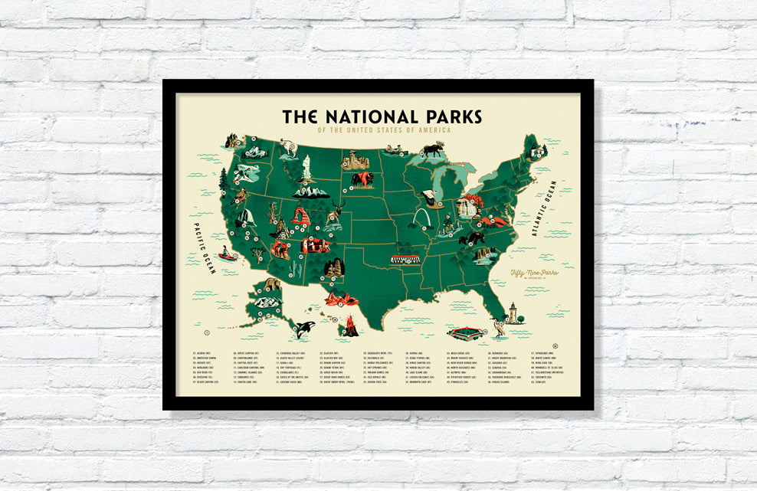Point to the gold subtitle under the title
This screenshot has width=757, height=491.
[x=384, y=130]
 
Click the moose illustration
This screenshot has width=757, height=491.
[x=433, y=149]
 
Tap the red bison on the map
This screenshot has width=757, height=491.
[x=362, y=180]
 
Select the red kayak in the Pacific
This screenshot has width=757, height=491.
[x=226, y=254]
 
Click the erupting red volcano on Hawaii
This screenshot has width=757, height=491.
[x=350, y=326]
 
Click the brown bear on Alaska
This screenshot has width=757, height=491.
[x=269, y=285]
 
